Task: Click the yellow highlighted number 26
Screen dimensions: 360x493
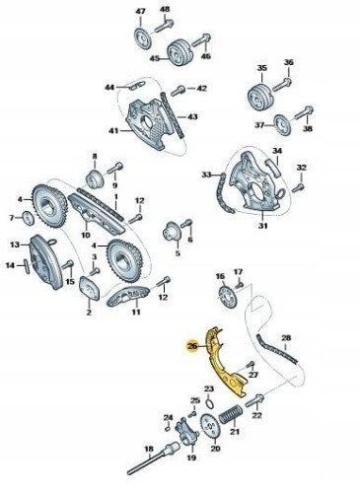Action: tap(192, 346)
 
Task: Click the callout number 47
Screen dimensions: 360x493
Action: tap(140, 11)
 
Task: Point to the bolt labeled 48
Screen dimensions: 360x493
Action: tap(164, 26)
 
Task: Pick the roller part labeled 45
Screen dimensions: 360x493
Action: tap(180, 53)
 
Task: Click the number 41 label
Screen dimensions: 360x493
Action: tap(113, 131)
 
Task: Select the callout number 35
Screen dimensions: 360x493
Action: tap(262, 68)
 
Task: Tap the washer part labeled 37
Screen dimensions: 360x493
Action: tap(282, 124)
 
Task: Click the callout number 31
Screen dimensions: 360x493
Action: tap(263, 226)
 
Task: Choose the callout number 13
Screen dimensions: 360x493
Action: tap(15, 245)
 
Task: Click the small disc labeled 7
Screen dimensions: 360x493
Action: tap(29, 219)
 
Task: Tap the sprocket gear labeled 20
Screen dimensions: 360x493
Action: tap(210, 425)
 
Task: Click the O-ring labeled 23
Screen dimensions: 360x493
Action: tap(209, 402)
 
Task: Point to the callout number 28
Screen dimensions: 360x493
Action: tap(286, 337)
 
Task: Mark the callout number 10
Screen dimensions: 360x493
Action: tap(86, 235)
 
